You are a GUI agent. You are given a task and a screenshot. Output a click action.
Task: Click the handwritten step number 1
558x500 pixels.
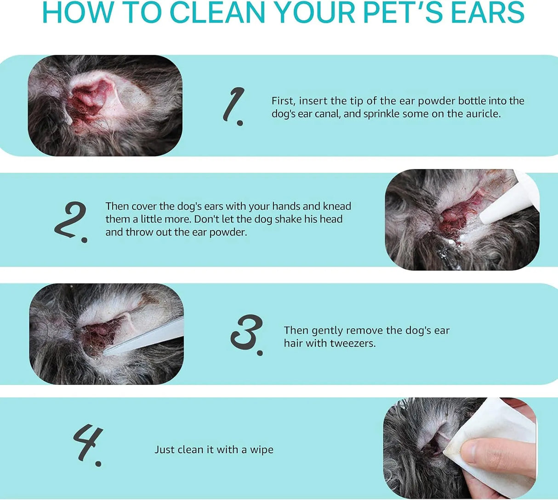click(234, 107)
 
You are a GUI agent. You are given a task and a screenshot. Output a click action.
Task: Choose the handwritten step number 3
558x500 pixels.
click(247, 334)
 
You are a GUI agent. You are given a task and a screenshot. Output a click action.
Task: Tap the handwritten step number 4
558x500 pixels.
click(88, 445)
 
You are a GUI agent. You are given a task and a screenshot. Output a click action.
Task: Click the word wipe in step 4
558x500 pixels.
click(262, 449)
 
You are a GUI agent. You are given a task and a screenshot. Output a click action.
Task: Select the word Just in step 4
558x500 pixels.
click(165, 449)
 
